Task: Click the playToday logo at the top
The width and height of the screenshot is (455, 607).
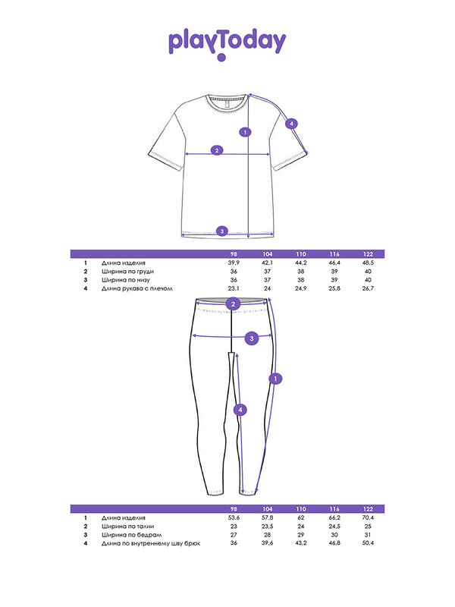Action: point(227,44)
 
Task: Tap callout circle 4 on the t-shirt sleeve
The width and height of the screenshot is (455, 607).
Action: point(292,124)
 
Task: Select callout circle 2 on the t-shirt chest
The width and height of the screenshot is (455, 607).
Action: point(217,150)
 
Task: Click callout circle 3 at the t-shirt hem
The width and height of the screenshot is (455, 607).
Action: point(221,231)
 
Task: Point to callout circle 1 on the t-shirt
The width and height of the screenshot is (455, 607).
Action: point(244,132)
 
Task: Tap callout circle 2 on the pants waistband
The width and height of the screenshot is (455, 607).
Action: point(234,304)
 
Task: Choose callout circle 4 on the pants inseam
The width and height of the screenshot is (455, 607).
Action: point(240,410)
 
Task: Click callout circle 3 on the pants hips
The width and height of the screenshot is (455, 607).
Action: point(253,338)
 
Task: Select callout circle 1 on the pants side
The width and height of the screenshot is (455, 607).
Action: point(276,378)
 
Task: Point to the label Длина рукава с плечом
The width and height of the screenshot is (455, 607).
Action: point(138,288)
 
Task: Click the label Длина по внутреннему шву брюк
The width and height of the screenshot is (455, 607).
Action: point(150,543)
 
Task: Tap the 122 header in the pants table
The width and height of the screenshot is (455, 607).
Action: point(368,508)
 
